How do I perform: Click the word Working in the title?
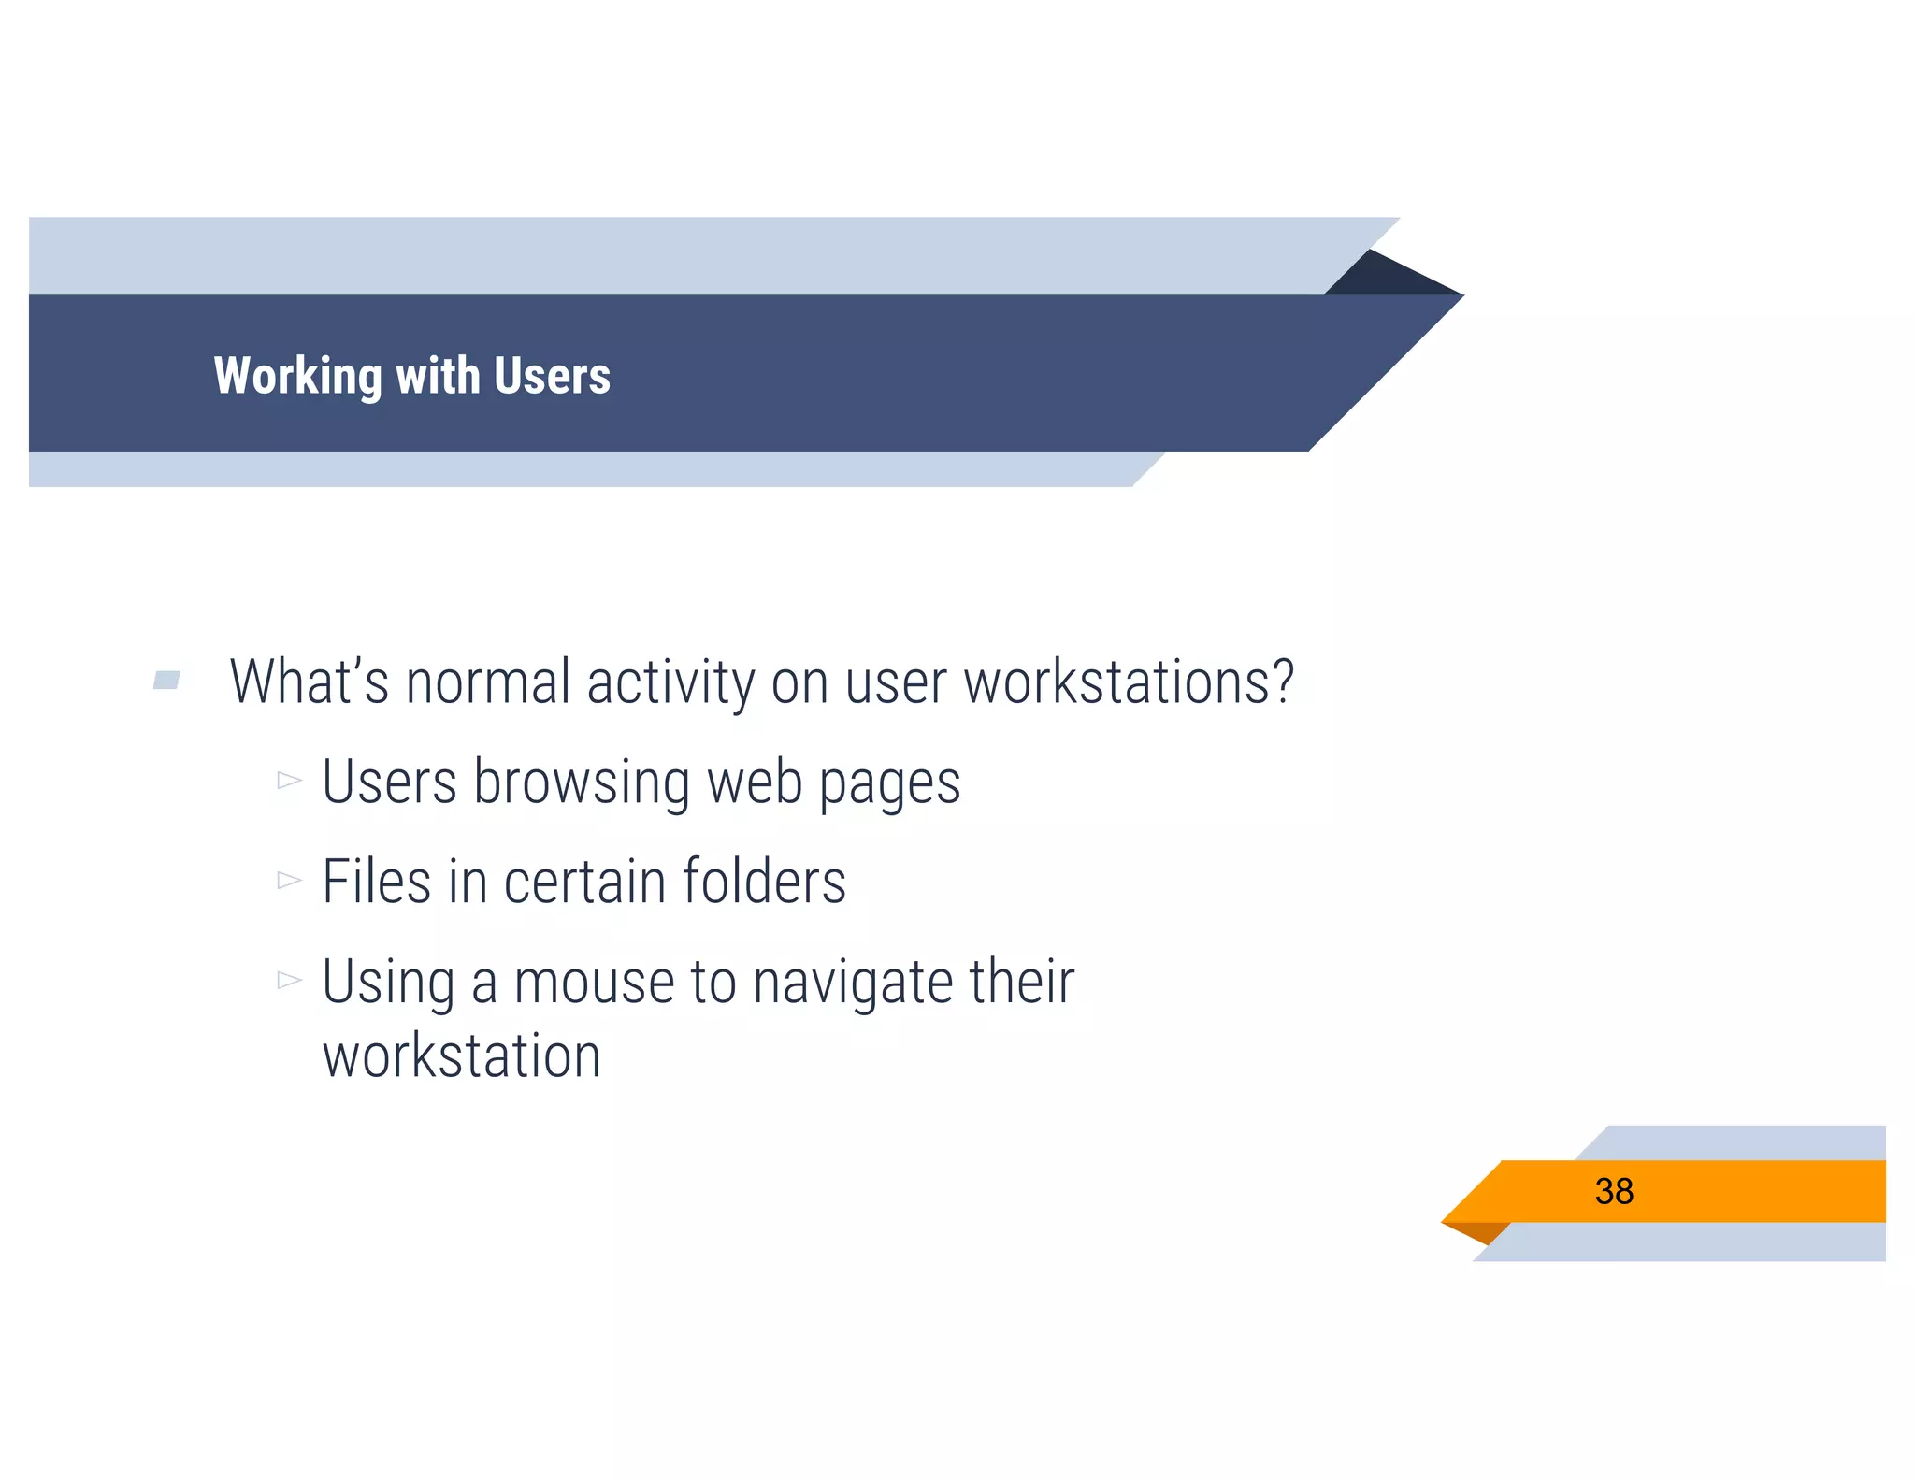pyautogui.click(x=297, y=376)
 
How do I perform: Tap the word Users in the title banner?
pyautogui.click(x=552, y=376)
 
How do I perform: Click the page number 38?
pyautogui.click(x=1614, y=1191)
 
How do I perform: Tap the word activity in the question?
pyautogui.click(x=670, y=682)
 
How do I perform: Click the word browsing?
pyautogui.click(x=582, y=782)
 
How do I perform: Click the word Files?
pyautogui.click(x=377, y=882)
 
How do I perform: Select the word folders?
pyautogui.click(x=764, y=882)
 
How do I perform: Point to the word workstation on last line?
pyautogui.click(x=461, y=1056)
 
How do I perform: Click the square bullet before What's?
pyautogui.click(x=166, y=680)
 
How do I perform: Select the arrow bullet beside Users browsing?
pyautogui.click(x=289, y=780)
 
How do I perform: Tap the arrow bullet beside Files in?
pyautogui.click(x=289, y=880)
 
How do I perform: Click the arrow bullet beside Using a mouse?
pyautogui.click(x=289, y=980)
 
